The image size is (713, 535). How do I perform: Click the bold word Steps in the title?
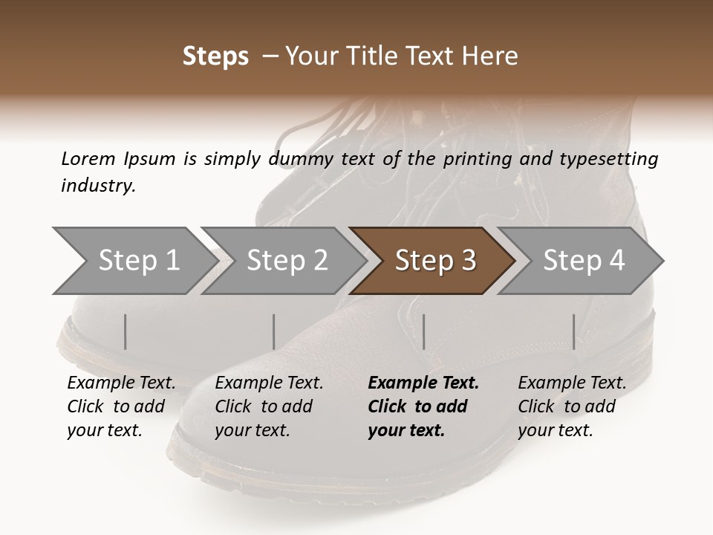point(215,56)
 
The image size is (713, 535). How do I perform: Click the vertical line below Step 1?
point(126,331)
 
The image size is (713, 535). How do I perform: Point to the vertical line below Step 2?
point(274,331)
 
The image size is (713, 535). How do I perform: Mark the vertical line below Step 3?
point(424,331)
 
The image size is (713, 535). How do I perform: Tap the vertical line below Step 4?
point(574,331)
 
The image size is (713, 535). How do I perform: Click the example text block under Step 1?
point(121,406)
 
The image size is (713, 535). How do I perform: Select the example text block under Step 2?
point(269,406)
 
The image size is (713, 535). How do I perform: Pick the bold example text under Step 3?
point(423,406)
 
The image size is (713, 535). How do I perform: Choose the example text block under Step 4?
point(572,406)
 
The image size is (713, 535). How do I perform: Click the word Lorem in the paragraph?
point(88,158)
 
